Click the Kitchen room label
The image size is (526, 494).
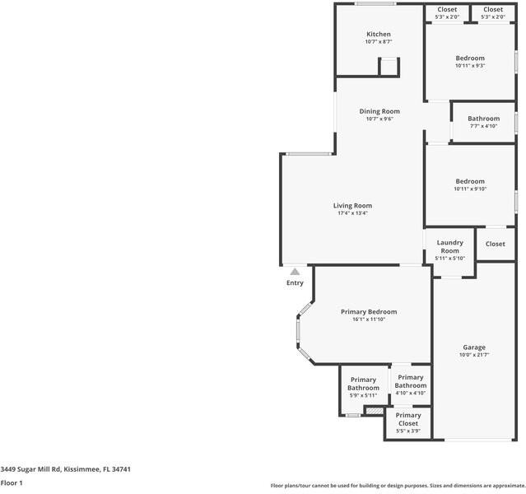click(379, 34)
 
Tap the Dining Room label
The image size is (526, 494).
click(379, 111)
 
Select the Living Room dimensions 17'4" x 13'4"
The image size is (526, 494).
click(352, 213)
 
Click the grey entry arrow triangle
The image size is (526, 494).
click(295, 271)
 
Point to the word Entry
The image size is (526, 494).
click(295, 282)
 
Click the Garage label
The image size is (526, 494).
click(473, 347)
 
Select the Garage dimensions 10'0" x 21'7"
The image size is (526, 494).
click(473, 355)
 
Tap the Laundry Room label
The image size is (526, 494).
click(449, 246)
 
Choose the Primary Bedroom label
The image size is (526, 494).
click(369, 312)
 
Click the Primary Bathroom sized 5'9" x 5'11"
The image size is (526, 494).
click(363, 384)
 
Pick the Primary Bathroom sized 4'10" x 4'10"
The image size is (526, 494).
click(410, 381)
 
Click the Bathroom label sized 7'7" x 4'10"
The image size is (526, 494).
click(483, 119)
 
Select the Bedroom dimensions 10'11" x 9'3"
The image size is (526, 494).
click(470, 66)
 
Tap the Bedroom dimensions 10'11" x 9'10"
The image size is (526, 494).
click(470, 189)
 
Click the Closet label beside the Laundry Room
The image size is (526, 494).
click(496, 244)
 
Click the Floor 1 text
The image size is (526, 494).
click(12, 482)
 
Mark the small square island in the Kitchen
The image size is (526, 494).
click(388, 67)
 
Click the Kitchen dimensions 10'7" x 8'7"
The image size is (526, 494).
click(379, 41)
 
